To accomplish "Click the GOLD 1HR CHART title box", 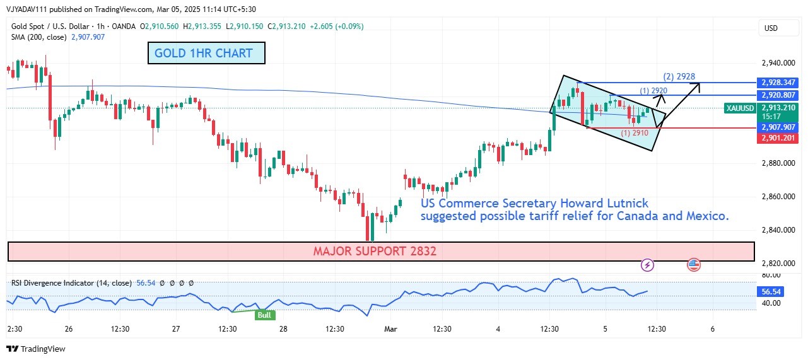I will pos(206,53).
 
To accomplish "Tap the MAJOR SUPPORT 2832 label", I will pos(375,251).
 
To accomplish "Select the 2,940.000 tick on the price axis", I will pos(776,63).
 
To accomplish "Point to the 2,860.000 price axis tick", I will pos(776,197).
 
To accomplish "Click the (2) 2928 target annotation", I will pos(679,77).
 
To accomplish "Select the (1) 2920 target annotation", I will pos(653,91).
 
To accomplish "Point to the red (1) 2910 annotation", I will pos(635,133).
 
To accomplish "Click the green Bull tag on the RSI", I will pos(265,315).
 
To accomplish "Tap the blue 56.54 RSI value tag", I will pos(773,292).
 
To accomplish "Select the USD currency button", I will pos(771,28).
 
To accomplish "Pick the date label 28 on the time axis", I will pos(283,329).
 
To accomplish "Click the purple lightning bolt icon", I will pos(647,265).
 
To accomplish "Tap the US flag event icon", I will pos(694,265).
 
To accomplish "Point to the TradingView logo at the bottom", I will pos(36,349).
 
